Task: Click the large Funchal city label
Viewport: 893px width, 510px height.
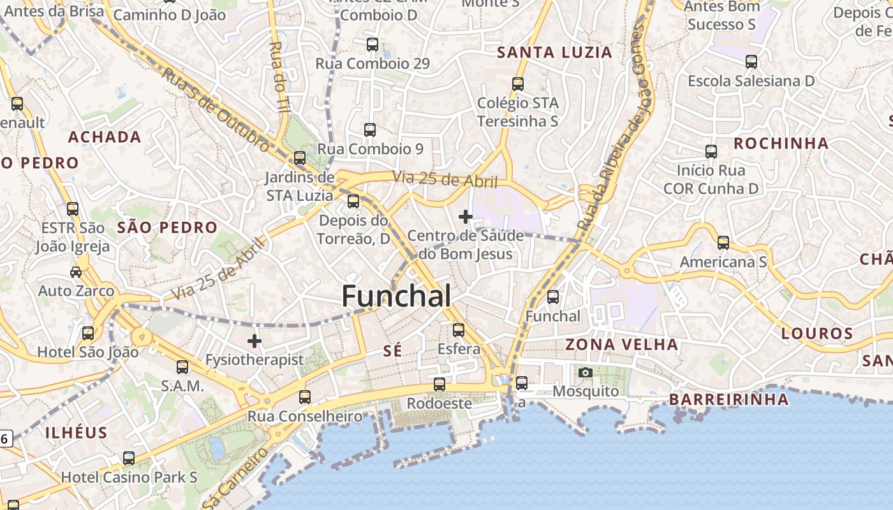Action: (x=396, y=296)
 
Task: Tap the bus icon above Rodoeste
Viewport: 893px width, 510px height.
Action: (x=439, y=384)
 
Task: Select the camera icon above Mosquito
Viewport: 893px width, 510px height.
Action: (x=585, y=372)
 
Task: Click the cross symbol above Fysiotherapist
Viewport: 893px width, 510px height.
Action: (x=255, y=341)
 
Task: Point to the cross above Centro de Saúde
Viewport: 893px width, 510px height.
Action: (x=466, y=217)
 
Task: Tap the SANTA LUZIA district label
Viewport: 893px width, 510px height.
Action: (x=554, y=52)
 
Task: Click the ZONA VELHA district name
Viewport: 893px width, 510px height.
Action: (x=622, y=345)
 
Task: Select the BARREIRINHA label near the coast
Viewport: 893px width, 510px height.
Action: (x=728, y=400)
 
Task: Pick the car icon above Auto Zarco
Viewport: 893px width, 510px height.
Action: (x=76, y=272)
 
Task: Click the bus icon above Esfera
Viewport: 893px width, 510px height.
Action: (x=459, y=330)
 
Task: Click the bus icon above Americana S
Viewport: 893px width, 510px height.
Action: (x=723, y=243)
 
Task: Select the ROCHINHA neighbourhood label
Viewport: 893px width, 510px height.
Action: (x=781, y=143)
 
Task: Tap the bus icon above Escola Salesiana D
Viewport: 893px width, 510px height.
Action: (x=751, y=62)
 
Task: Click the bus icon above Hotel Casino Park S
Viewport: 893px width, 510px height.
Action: (x=129, y=458)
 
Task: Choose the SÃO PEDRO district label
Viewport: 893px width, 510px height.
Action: (x=168, y=228)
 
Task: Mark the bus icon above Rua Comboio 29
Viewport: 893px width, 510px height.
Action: (x=373, y=45)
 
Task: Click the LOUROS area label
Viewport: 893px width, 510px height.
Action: (x=817, y=333)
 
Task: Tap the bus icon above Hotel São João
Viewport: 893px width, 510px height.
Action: (x=88, y=333)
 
